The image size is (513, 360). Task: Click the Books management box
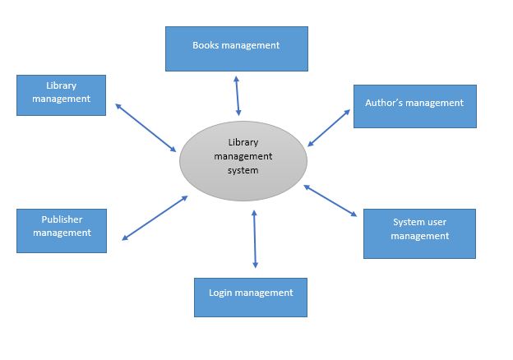tap(236, 48)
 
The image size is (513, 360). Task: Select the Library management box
tap(61, 95)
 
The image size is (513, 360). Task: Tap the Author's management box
tap(414, 106)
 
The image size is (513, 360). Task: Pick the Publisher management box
tap(62, 230)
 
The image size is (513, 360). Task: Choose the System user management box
tap(419, 233)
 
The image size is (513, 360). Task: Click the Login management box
tap(251, 297)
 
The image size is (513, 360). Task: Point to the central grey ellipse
tap(243, 160)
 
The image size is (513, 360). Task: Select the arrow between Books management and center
tap(238, 95)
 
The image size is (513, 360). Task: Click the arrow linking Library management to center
tap(146, 127)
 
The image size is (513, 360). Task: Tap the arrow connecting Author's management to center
tap(329, 127)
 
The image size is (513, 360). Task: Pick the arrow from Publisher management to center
tap(155, 218)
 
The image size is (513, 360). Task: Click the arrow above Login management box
tap(255, 239)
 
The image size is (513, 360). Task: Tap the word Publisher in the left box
tap(62, 219)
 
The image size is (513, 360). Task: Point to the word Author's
tap(384, 104)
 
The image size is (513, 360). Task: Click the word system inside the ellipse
tap(243, 171)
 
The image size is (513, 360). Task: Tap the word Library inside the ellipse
tap(243, 141)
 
